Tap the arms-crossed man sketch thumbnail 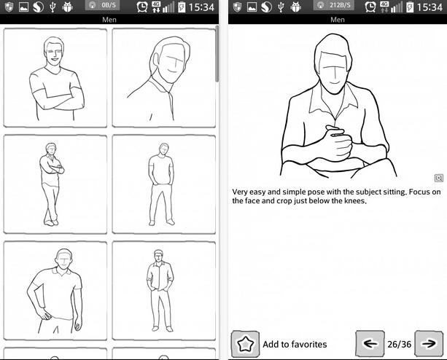[x=55, y=77]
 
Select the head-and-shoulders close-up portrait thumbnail [x=164, y=77]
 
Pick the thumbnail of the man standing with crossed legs [x=55, y=184]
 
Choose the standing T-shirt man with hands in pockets [x=164, y=184]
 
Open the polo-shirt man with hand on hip [x=55, y=291]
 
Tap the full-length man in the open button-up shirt [x=164, y=291]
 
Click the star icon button [x=245, y=344]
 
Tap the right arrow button [x=429, y=343]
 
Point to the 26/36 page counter [x=399, y=345]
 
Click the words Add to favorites [x=295, y=345]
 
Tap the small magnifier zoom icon [x=439, y=179]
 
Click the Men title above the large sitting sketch [x=338, y=20]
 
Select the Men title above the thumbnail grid [x=109, y=20]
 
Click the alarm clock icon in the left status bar [x=142, y=7]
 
